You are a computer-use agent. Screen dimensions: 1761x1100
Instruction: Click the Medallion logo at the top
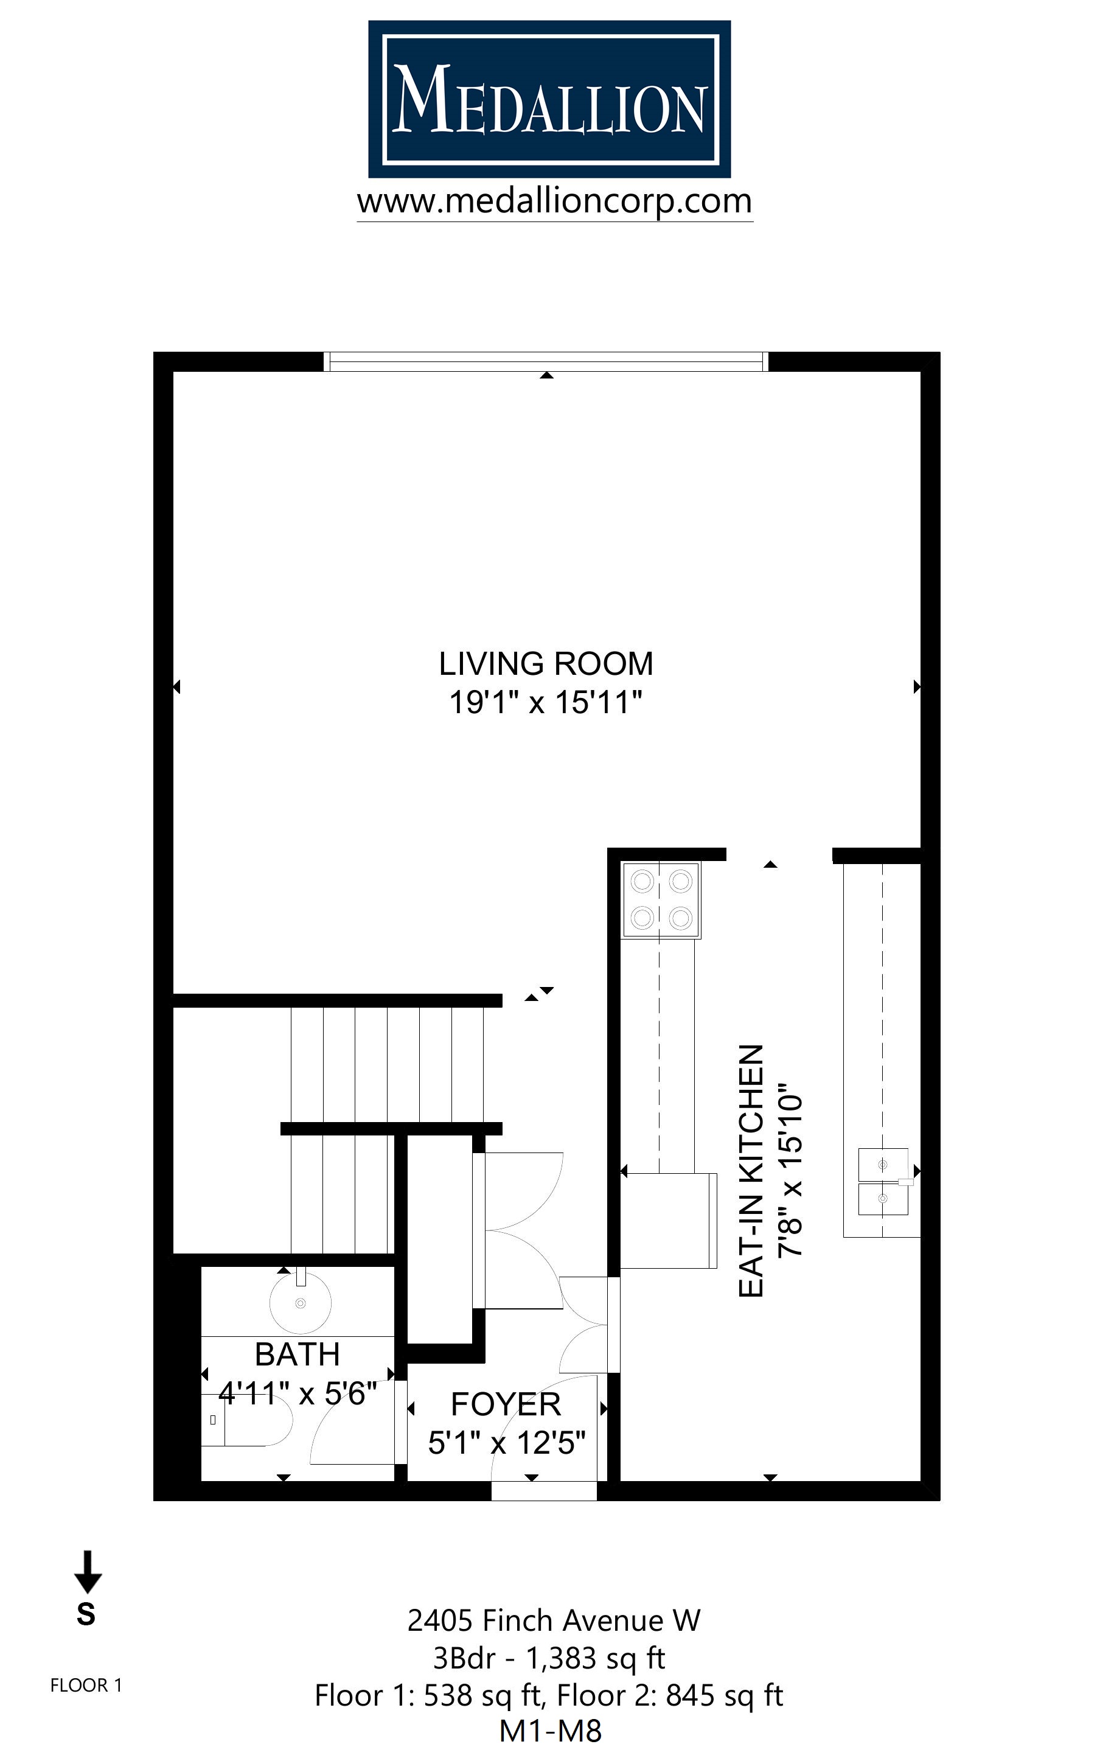pos(549,99)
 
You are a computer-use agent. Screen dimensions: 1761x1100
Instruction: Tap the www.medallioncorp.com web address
pos(554,201)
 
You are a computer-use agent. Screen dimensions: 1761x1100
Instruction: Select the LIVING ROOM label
pos(546,663)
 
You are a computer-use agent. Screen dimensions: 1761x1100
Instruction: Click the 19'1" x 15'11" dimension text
pos(546,703)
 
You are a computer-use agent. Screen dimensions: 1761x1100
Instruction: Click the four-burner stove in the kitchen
pos(661,900)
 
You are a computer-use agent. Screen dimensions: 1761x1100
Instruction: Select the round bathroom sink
pos(301,1303)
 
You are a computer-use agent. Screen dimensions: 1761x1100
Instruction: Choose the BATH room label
pos(297,1355)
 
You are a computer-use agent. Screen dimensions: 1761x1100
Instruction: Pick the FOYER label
pos(506,1404)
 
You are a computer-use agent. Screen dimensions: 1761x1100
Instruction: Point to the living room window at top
pos(546,361)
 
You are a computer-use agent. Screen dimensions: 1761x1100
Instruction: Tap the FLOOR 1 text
pos(86,1686)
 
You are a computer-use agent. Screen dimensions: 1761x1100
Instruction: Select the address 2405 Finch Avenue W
pos(553,1620)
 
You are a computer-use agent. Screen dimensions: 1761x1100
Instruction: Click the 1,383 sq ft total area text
pos(595,1658)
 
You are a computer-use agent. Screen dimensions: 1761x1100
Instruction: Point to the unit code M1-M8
pos(550,1732)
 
